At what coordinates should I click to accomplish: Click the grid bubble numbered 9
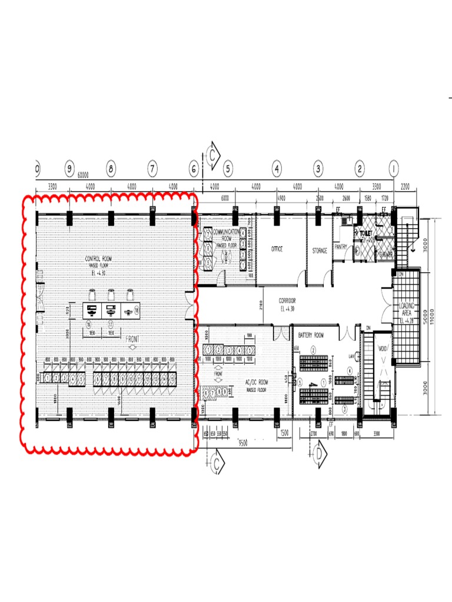69,169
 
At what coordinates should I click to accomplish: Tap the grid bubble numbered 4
277,169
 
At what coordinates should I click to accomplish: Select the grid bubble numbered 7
152,169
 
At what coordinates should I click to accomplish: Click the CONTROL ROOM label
101,259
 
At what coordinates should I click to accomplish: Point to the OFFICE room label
277,249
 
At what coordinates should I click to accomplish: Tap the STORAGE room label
320,250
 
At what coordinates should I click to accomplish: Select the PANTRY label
341,247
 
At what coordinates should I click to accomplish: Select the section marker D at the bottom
318,453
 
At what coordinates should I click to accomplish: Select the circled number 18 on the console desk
137,309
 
